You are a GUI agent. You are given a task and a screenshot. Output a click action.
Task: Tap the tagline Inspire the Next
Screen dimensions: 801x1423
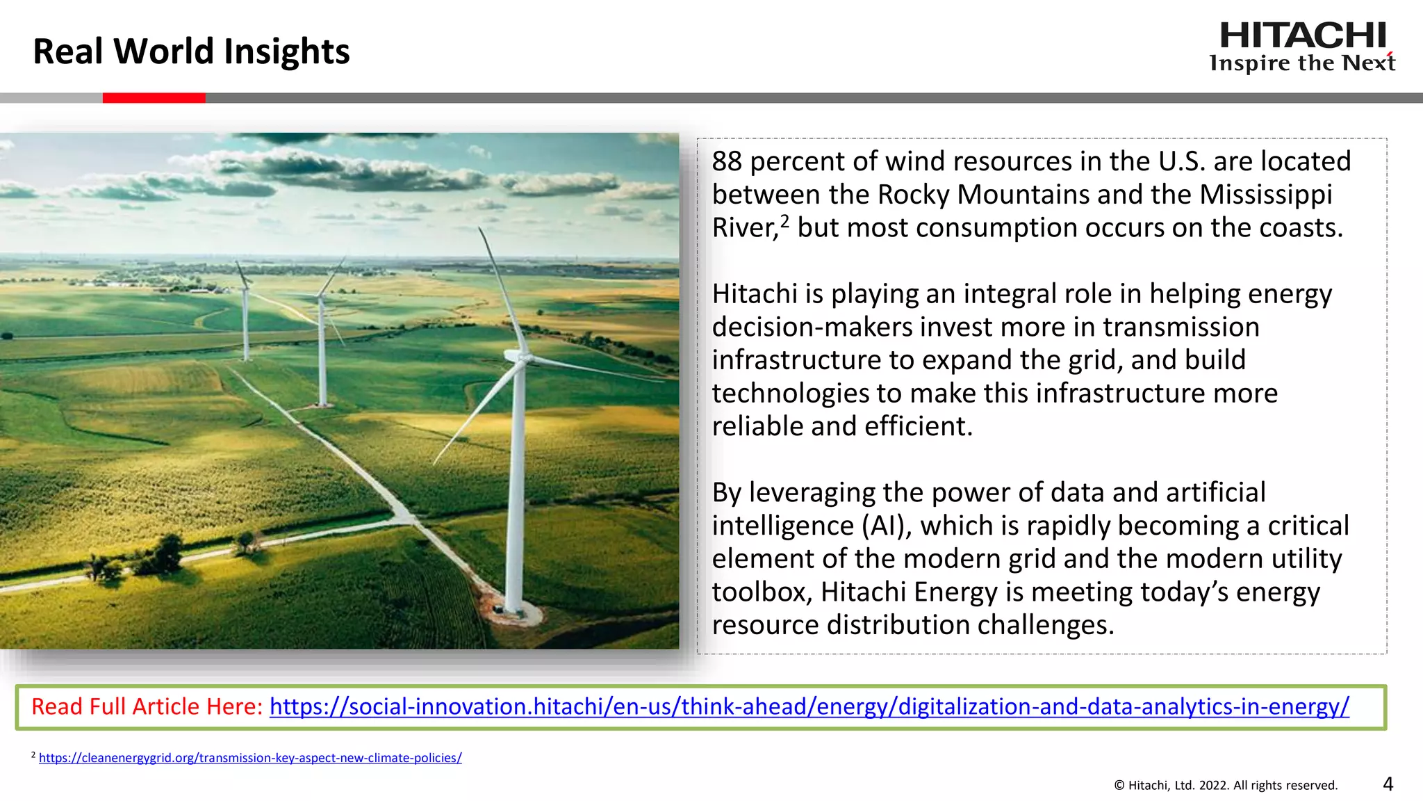tap(1302, 63)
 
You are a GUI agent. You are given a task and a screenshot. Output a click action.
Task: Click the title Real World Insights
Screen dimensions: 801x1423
tap(191, 51)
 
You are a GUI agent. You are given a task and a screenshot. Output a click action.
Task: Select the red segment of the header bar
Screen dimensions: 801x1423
tap(154, 98)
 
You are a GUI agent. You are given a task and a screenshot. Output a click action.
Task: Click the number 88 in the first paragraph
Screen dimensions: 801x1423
tap(727, 161)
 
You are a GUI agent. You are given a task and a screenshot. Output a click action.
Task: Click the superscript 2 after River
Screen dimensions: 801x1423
tap(784, 221)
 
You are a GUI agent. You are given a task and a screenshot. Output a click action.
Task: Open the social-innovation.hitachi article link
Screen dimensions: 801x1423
tap(809, 706)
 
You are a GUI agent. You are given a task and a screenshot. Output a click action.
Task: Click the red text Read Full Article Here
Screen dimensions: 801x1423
tap(147, 706)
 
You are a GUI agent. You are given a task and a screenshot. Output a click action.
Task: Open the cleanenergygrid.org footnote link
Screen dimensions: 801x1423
tap(250, 758)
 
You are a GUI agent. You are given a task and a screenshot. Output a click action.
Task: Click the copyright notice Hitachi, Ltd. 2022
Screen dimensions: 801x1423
tap(1226, 786)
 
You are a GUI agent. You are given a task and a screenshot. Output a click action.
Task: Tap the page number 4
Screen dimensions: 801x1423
tap(1388, 784)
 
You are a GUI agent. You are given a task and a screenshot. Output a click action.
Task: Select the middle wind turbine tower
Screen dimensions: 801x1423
tap(322, 355)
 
